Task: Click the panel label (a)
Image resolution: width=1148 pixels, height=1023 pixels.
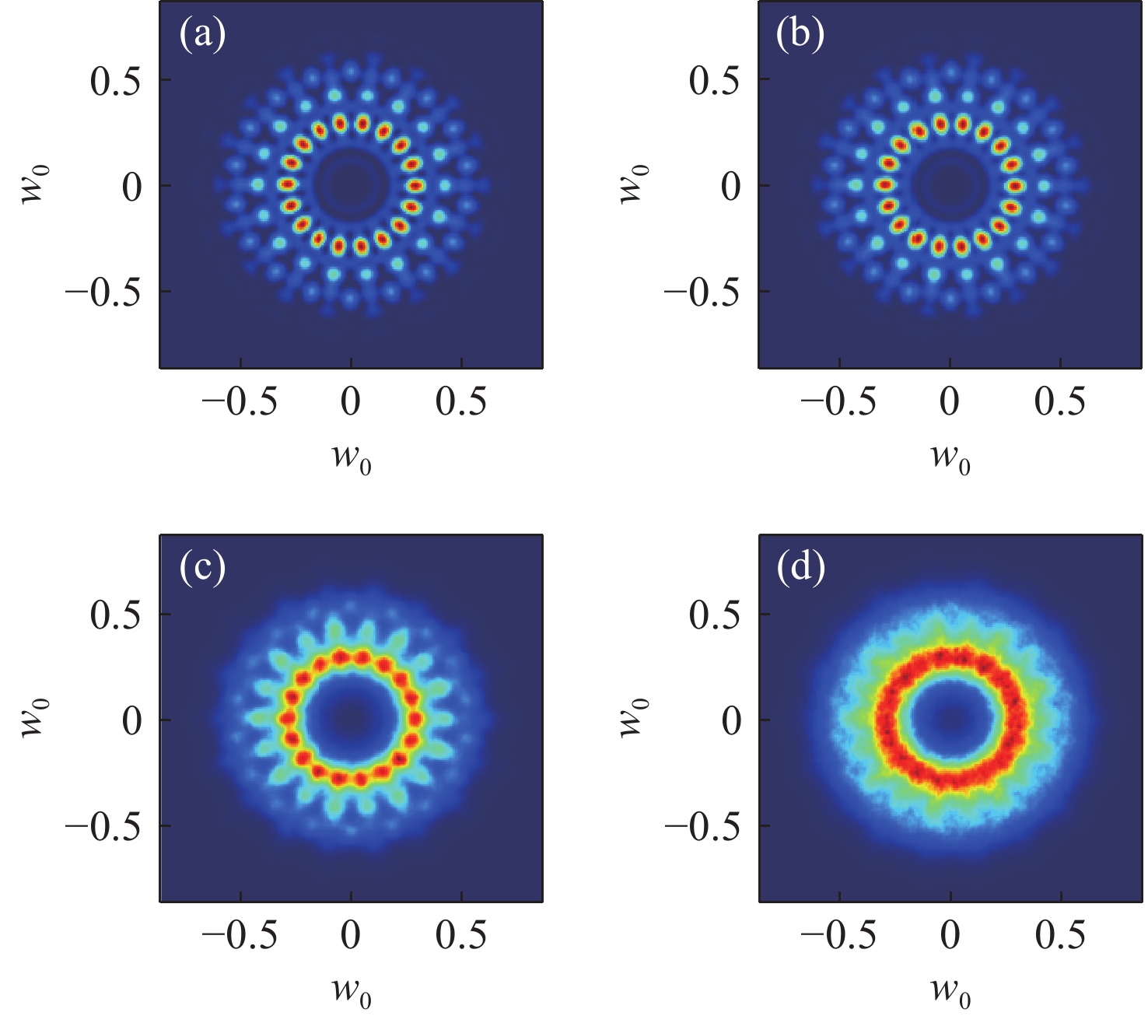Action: (202, 35)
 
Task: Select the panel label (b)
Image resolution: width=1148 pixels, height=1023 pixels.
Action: (801, 35)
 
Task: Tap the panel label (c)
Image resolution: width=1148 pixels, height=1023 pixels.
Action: (202, 569)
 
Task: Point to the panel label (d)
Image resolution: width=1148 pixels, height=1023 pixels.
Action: (801, 569)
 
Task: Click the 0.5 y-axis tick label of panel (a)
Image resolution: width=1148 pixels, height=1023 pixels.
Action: (116, 80)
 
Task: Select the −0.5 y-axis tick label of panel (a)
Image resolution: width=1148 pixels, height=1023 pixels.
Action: (103, 293)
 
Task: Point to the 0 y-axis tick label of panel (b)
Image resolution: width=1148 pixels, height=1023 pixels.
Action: (731, 187)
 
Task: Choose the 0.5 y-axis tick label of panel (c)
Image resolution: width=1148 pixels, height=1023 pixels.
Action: (116, 615)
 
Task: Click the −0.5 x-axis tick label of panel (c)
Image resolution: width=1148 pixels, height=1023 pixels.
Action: (240, 935)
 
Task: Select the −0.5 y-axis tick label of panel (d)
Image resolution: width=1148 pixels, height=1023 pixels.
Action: (702, 826)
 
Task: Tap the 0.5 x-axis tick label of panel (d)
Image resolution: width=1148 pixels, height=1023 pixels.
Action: (1060, 935)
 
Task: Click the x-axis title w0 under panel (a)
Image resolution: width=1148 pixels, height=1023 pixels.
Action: (352, 457)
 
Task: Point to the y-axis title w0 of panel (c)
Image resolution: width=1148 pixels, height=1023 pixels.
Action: (34, 720)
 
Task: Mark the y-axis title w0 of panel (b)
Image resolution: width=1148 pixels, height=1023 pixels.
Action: (633, 185)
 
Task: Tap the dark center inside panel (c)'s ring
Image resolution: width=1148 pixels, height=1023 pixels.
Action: (350, 718)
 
